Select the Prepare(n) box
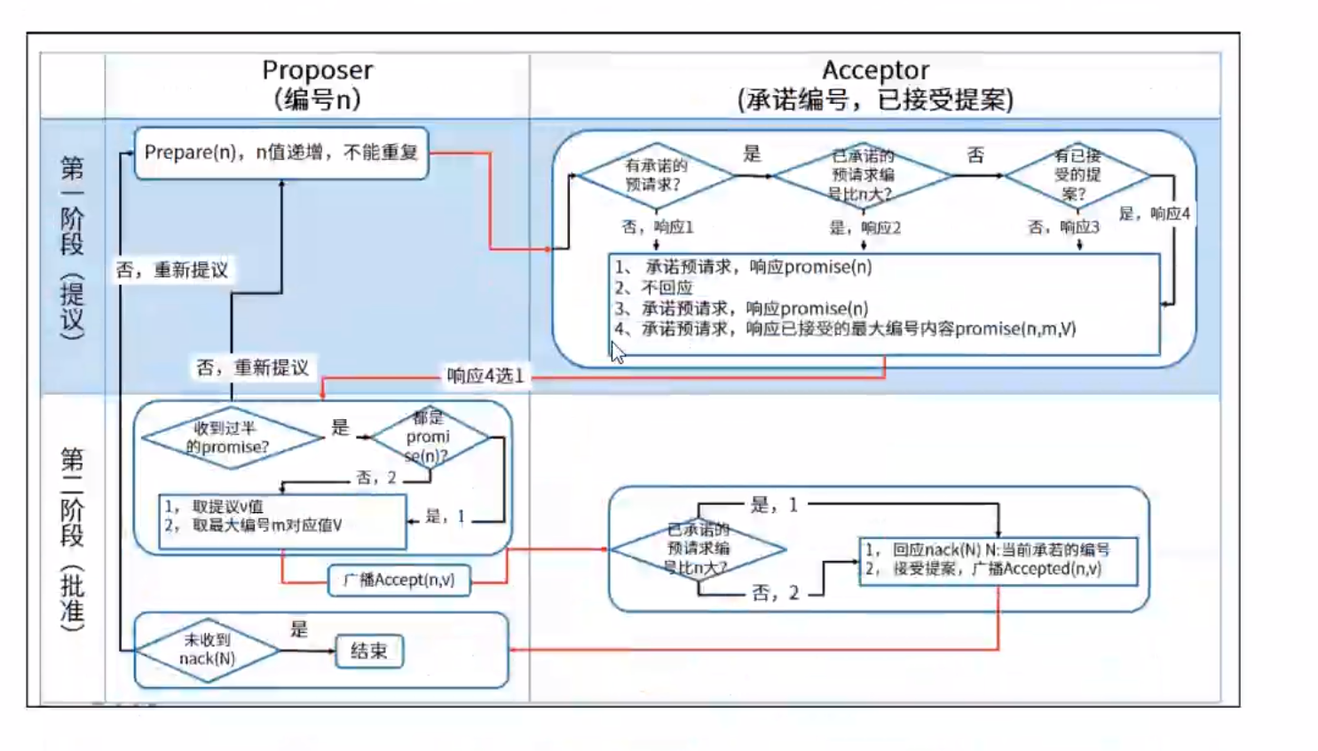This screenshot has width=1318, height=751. click(x=280, y=153)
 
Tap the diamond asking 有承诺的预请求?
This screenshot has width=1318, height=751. click(x=655, y=175)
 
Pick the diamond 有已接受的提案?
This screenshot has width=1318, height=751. click(x=1077, y=175)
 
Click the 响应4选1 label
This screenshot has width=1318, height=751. click(x=485, y=375)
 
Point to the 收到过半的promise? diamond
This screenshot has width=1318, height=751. click(x=232, y=438)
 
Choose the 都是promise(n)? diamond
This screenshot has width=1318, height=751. click(x=429, y=437)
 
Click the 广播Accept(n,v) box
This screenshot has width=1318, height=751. click(x=399, y=580)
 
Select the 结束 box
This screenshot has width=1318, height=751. click(x=369, y=652)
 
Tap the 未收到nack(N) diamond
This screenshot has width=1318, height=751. click(x=208, y=650)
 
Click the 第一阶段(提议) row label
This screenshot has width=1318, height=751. click(x=73, y=247)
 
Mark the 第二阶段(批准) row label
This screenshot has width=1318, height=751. click(x=73, y=538)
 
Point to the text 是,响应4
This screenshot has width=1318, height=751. click(x=1154, y=214)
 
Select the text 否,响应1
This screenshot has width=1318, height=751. click(x=658, y=227)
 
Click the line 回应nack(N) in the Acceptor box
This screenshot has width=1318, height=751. click(x=987, y=549)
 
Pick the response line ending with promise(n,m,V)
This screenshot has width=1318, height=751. click(x=845, y=329)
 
